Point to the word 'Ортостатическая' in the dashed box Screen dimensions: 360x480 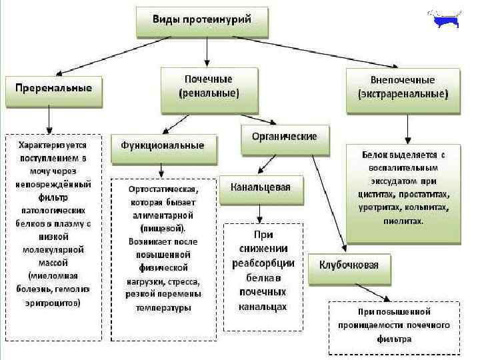tap(163, 189)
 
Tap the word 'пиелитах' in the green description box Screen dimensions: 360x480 tap(403, 221)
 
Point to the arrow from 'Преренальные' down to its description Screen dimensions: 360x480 tap(51, 121)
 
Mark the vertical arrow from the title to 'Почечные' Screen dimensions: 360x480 tap(207, 52)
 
